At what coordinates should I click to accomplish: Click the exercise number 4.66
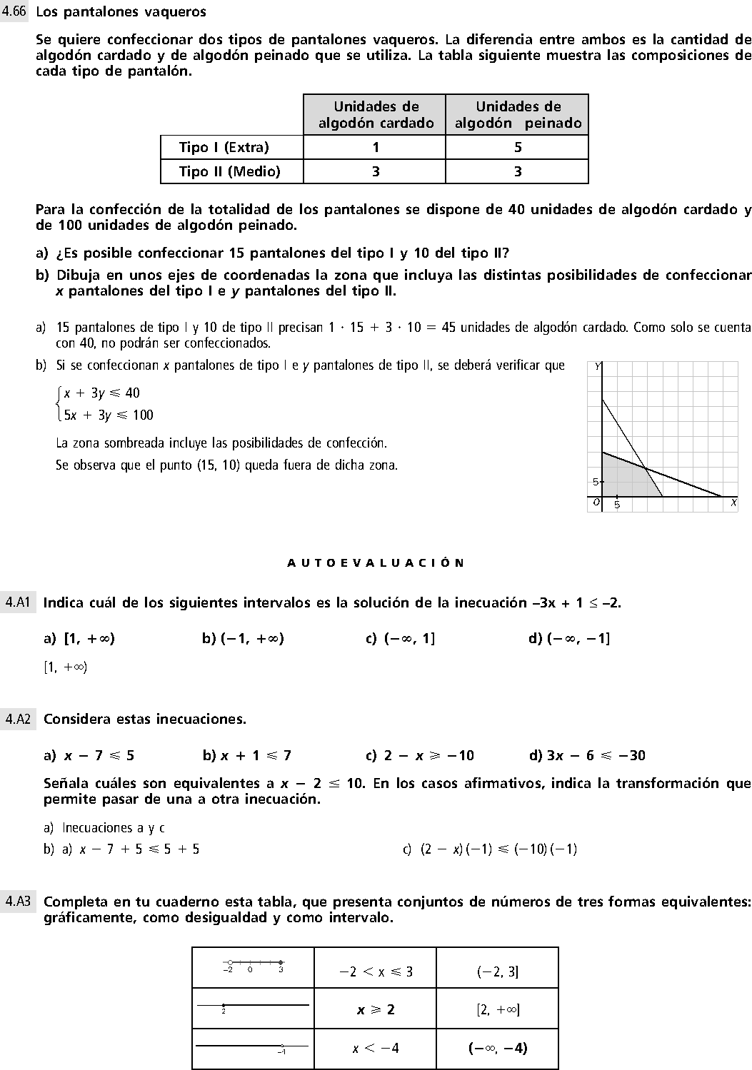14,11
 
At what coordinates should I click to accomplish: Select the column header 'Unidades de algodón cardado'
376,114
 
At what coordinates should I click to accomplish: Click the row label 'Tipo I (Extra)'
224,147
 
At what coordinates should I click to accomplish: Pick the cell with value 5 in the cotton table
517,147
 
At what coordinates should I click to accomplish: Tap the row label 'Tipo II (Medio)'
229,171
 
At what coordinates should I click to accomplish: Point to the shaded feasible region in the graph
621,478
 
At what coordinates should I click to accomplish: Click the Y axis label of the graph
598,366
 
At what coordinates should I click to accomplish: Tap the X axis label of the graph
733,503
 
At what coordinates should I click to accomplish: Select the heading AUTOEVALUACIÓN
376,562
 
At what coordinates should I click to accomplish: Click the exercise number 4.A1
17,602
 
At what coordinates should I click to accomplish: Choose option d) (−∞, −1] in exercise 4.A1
569,638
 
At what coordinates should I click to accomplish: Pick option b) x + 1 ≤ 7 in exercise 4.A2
246,755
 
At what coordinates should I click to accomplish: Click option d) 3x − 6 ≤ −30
587,755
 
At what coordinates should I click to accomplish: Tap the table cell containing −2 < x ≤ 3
376,971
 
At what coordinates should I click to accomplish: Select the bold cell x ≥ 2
376,1009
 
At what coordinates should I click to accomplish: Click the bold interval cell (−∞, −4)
497,1048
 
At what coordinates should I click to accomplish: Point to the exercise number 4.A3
17,902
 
